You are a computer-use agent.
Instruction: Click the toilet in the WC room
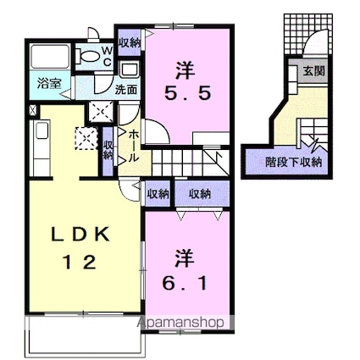(x=87, y=56)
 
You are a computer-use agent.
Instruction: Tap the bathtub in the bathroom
(x=50, y=57)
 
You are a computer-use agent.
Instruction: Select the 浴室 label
(x=50, y=84)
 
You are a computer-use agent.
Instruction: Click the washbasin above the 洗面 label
(x=130, y=70)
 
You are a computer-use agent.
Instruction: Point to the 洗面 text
(x=126, y=90)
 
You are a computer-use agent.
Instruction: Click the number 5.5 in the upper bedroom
(x=188, y=93)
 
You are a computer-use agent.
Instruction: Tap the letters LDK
(x=80, y=234)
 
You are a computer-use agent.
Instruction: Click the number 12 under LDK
(x=80, y=262)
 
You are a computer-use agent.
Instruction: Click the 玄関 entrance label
(x=313, y=71)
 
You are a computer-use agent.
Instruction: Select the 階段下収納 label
(x=294, y=162)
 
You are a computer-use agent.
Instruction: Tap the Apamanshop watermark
(x=180, y=323)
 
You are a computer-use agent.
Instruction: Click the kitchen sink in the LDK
(x=42, y=130)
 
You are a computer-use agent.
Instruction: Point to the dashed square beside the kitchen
(x=86, y=138)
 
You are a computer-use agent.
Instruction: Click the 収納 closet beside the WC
(x=130, y=42)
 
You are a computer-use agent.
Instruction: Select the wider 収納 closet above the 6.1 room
(x=200, y=194)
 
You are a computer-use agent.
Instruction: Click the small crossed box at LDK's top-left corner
(x=33, y=109)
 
